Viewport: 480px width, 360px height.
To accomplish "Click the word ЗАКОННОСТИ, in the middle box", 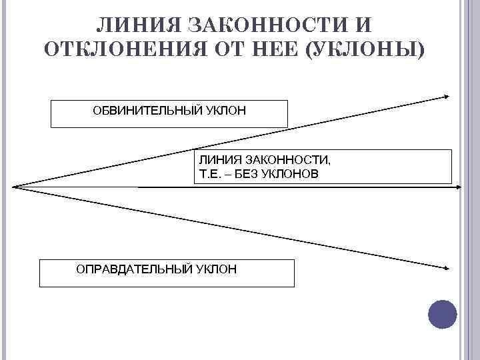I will click(x=288, y=161).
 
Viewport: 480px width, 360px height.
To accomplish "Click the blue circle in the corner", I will click(x=441, y=314).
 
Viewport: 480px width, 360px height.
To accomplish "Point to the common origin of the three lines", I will click(x=13, y=187).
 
